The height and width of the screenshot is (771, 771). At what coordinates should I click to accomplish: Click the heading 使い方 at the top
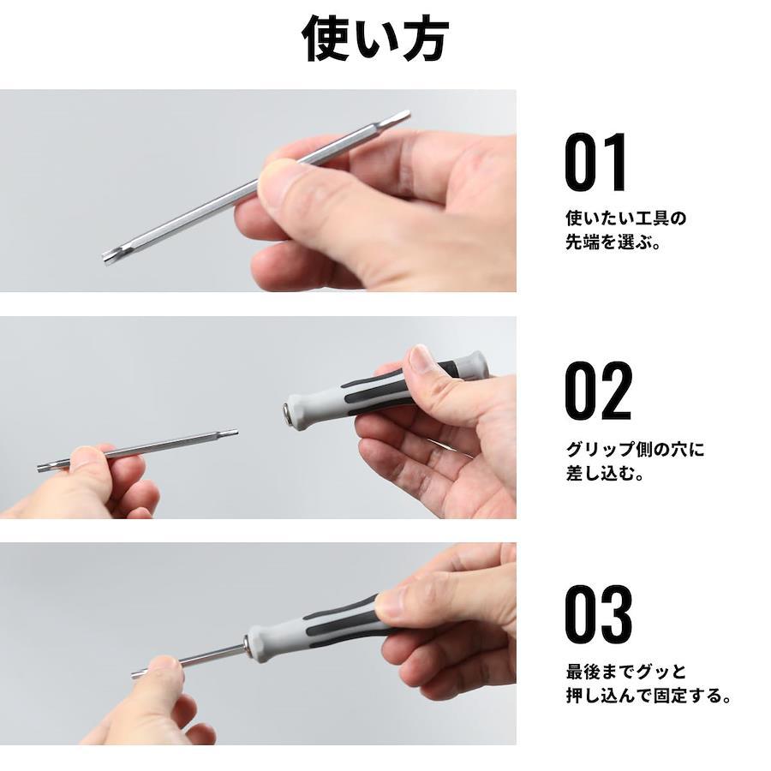point(375,39)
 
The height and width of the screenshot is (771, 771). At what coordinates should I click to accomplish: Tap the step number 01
point(596,162)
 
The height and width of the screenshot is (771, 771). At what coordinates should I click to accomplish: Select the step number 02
point(598,391)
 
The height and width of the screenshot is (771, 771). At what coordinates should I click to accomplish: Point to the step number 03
point(599,614)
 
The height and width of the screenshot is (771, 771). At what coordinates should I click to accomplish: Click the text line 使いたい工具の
point(625,218)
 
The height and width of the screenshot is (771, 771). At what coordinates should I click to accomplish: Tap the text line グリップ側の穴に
point(635,449)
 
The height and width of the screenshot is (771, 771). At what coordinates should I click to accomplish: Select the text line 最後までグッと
point(626,671)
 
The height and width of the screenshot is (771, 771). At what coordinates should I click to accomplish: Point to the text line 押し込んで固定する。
point(648,696)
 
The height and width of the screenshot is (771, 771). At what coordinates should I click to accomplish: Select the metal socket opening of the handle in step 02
point(287,409)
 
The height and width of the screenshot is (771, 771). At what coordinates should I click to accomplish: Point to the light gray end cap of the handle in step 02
point(475,364)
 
